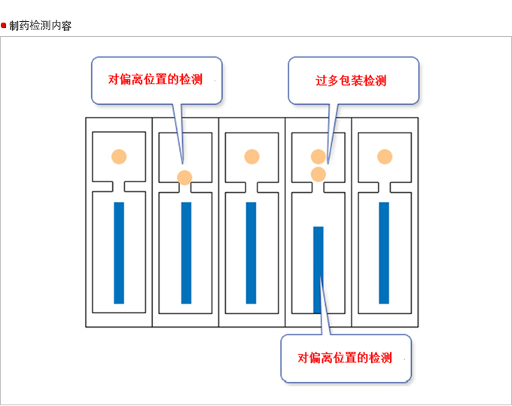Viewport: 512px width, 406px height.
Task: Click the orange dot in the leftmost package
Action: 119,157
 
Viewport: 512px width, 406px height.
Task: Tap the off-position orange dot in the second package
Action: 184,178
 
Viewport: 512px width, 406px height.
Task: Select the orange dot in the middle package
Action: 251,157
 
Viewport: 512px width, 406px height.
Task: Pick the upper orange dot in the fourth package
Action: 318,157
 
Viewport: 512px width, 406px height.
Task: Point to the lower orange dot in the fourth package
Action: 318,174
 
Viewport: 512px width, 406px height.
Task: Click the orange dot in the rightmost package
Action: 385,157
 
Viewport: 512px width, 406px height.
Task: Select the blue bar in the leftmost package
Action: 119,252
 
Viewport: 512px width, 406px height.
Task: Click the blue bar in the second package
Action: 186,252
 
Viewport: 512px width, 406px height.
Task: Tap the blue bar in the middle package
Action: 251,252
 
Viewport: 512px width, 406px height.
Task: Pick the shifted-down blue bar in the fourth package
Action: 318,269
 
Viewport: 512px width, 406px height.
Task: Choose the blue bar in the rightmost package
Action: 384,252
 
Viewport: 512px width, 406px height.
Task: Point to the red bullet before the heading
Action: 5,26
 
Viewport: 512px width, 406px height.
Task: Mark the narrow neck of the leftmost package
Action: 119,186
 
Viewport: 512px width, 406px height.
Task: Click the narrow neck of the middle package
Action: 251,186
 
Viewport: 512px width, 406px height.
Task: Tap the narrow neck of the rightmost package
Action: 385,186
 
